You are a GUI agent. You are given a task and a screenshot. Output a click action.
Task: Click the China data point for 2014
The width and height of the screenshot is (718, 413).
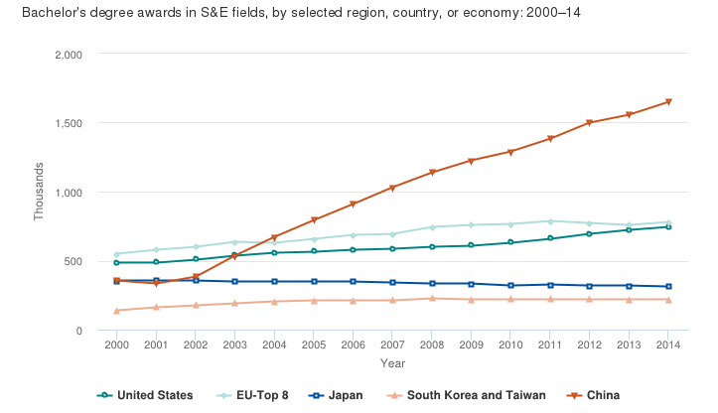[669, 101]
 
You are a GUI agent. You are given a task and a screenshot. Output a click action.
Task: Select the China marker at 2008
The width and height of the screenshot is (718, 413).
[431, 173]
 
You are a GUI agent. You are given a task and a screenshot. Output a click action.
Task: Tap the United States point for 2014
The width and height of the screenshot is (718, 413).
[669, 226]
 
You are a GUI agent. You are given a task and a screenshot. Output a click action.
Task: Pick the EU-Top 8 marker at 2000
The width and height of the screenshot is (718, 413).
[117, 254]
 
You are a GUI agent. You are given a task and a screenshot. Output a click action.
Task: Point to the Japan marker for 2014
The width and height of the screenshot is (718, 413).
[669, 286]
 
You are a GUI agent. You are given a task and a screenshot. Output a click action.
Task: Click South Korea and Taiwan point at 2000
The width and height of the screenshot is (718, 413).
[117, 311]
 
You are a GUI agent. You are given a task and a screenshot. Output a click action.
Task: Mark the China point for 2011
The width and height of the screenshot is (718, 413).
[551, 139]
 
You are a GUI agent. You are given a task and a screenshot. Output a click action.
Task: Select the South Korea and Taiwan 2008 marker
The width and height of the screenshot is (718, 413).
[431, 298]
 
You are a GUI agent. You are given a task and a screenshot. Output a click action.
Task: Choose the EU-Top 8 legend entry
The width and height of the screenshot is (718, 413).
[253, 395]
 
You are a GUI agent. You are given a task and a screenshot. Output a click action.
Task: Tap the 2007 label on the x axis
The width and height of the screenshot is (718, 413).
[393, 344]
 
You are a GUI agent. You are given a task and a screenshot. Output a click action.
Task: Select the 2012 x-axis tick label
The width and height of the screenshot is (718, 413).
[591, 344]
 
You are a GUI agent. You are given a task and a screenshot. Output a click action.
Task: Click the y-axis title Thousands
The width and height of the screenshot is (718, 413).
[40, 192]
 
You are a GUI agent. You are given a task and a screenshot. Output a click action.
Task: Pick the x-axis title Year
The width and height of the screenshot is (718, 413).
[392, 363]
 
